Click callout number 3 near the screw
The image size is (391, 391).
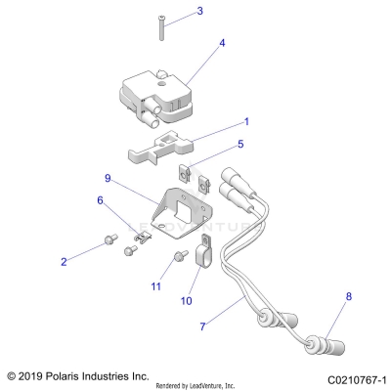click(x=199, y=12)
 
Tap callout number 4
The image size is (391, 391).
click(x=222, y=44)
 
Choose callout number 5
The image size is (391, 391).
click(x=239, y=144)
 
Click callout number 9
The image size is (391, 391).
click(x=108, y=179)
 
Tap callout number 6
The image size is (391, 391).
click(x=99, y=199)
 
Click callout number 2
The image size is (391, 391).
click(x=65, y=262)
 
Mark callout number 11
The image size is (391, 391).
click(x=155, y=286)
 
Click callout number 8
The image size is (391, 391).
click(x=346, y=295)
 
